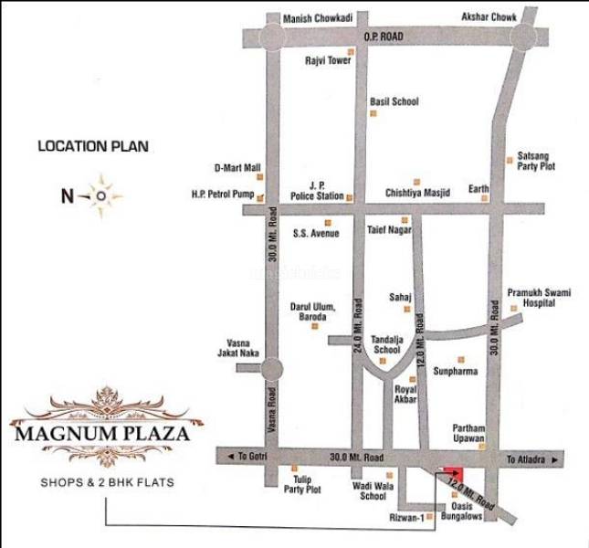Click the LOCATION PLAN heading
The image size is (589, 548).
coord(92,145)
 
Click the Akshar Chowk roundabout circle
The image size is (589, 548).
coord(525,37)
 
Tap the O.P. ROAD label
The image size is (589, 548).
coord(384,37)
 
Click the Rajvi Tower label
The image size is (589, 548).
coord(328,61)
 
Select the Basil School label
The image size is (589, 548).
coord(394,101)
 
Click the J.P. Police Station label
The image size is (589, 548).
coord(317,190)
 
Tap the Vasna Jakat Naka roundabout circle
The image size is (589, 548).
coord(271,368)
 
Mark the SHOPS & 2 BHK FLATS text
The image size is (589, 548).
coord(101,482)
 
